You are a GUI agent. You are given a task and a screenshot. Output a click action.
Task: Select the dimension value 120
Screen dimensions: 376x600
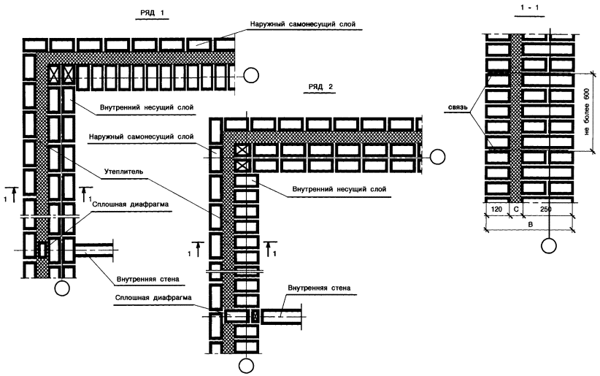[496, 209]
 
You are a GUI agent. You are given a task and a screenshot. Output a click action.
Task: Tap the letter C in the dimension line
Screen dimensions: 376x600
[516, 209]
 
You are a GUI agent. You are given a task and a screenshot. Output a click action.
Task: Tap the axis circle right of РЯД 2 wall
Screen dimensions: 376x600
[437, 156]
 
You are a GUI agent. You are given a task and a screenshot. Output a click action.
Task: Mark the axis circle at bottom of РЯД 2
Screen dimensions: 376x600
[250, 365]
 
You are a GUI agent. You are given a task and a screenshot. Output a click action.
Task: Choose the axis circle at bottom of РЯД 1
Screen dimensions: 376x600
[63, 289]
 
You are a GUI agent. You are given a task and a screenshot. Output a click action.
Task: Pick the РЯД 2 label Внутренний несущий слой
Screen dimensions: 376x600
[338, 188]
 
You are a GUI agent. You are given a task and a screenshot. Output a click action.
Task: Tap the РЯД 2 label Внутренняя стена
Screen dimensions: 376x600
[319, 288]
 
